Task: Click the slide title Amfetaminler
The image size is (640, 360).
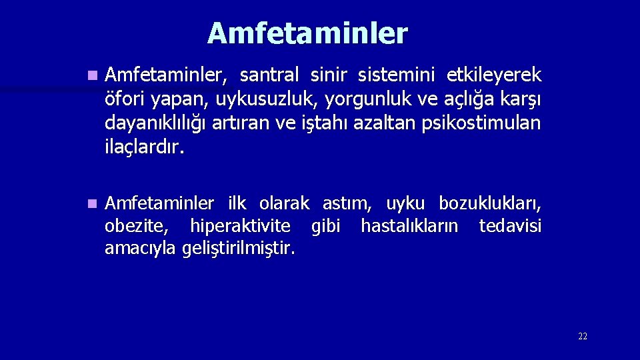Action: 307,33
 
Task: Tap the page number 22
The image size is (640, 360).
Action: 583,337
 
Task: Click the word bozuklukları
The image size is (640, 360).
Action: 490,203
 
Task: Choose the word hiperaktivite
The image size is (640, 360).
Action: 240,227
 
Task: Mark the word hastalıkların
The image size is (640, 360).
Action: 409,227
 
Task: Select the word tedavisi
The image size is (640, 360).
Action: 510,227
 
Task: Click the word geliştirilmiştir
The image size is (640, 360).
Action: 237,249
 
